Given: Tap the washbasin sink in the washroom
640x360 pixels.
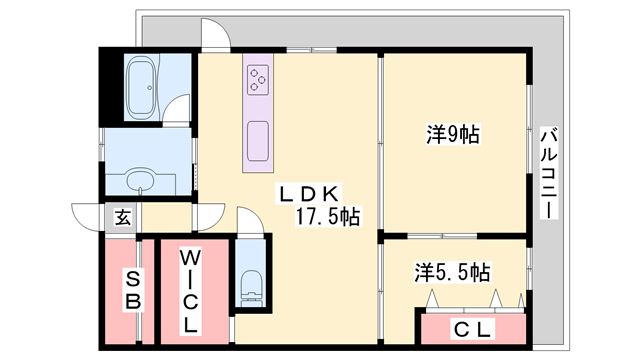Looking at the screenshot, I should [140, 180].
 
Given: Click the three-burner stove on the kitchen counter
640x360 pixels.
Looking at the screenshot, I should [258, 77].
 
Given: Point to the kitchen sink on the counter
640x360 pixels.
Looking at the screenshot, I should [258, 140].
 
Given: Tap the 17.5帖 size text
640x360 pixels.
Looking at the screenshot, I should [327, 216].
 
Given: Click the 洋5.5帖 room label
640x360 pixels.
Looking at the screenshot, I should [453, 271].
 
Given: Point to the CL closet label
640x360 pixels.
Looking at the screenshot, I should [470, 327].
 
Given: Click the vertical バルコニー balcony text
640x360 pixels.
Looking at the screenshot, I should [547, 175].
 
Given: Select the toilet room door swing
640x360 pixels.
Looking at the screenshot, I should [251, 222].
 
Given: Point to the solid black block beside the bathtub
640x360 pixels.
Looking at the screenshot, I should [110, 85].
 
